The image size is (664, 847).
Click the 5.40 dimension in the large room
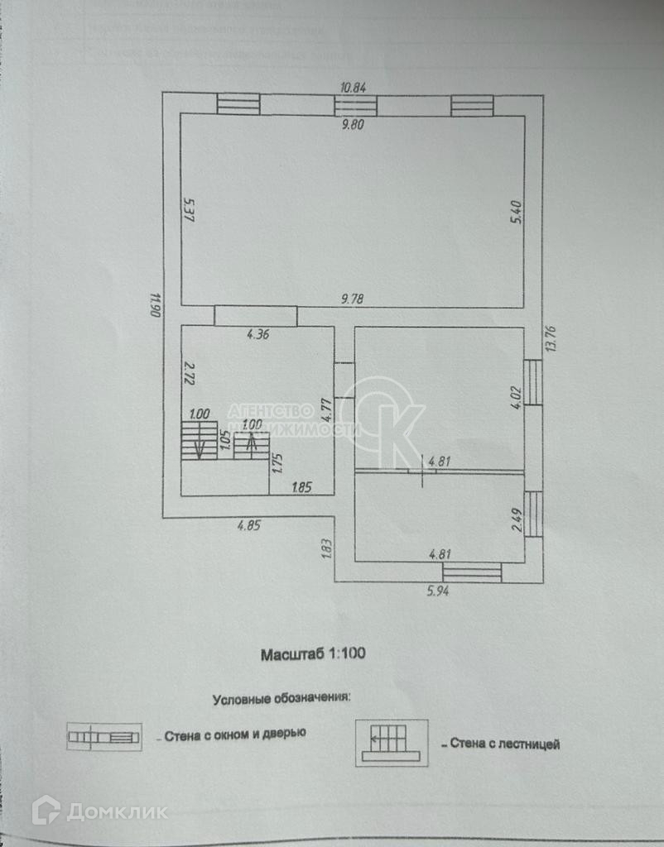click(x=514, y=215)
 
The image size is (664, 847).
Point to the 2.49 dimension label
click(x=516, y=519)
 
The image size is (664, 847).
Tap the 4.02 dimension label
click(x=515, y=394)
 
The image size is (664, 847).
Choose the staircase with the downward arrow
click(x=200, y=440)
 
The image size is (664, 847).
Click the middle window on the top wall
click(x=355, y=105)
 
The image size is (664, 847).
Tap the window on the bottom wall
click(x=472, y=572)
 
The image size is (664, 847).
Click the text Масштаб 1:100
click(x=314, y=653)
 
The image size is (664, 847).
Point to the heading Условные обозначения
click(x=281, y=698)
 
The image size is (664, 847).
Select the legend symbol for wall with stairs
click(x=392, y=742)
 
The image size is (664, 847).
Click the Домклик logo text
click(x=116, y=811)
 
